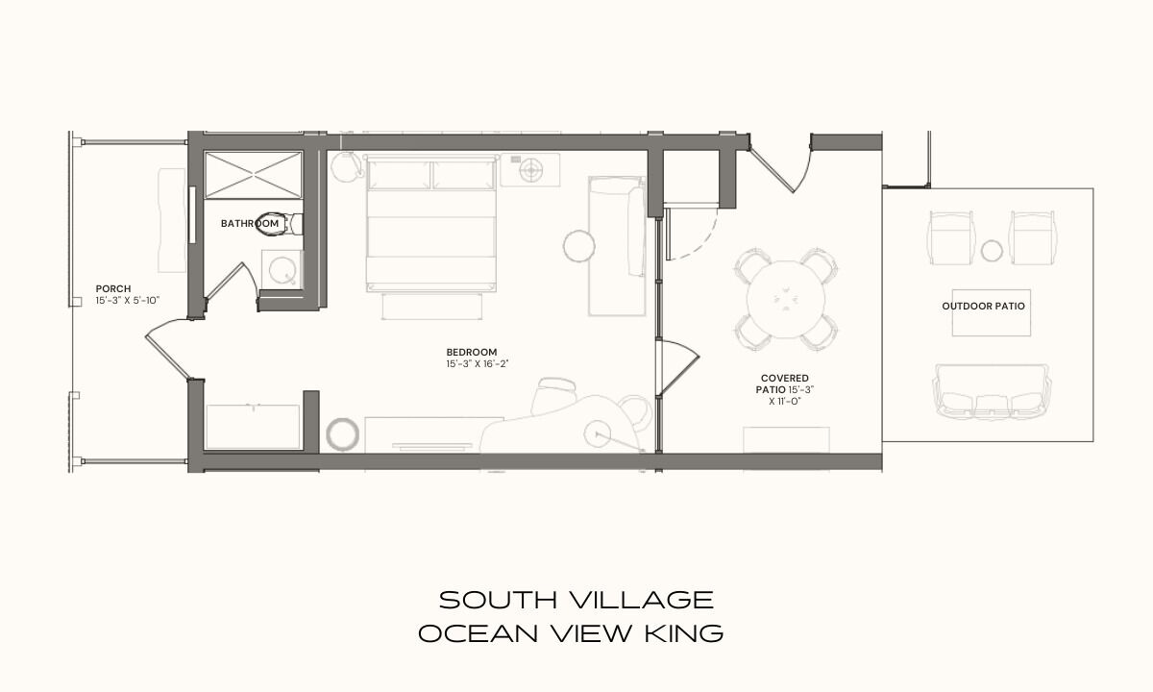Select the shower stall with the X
pyautogui.click(x=254, y=175)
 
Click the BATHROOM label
pyautogui.click(x=250, y=223)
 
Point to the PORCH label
pyautogui.click(x=113, y=289)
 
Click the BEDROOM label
pyautogui.click(x=472, y=352)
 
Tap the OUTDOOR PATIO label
pyautogui.click(x=983, y=307)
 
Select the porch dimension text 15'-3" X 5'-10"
pyautogui.click(x=128, y=300)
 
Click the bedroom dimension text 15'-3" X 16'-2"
pyautogui.click(x=478, y=363)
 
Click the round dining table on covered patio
pyautogui.click(x=786, y=299)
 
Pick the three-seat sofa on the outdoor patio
pyautogui.click(x=992, y=391)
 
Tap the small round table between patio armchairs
pyautogui.click(x=992, y=251)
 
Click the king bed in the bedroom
pyautogui.click(x=431, y=223)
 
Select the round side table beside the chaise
pyautogui.click(x=579, y=246)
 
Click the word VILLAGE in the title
pyautogui.click(x=642, y=601)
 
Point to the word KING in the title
pyautogui.click(x=684, y=633)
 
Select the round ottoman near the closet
pyautogui.click(x=342, y=434)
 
